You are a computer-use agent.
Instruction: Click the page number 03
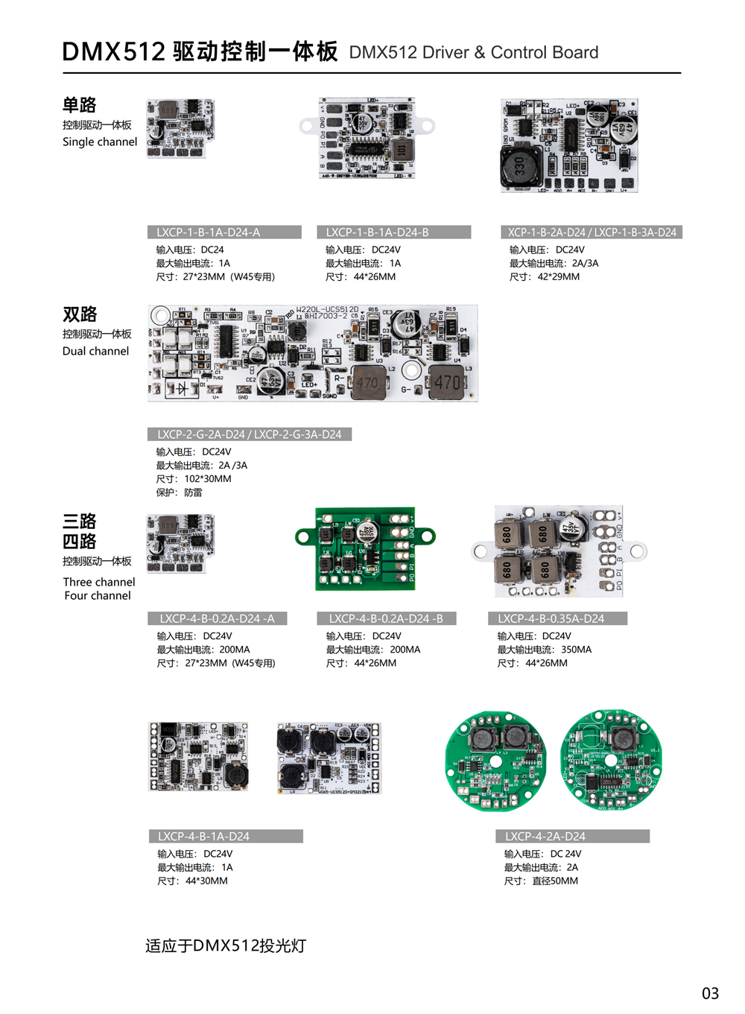tap(710, 993)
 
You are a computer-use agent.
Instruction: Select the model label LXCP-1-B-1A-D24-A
tap(209, 232)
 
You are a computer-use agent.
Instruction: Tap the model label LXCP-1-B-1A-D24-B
tap(378, 232)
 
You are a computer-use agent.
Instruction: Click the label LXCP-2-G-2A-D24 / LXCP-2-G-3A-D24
tap(250, 434)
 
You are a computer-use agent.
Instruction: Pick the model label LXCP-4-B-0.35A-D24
tap(551, 618)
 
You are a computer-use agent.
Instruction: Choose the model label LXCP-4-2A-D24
tap(545, 837)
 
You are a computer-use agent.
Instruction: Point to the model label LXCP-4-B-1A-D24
tap(204, 837)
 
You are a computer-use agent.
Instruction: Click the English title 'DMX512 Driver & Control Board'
tap(474, 53)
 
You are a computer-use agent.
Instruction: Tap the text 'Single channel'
tap(100, 142)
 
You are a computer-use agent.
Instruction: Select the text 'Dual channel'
tap(95, 351)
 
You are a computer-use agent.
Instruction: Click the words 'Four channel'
tap(98, 595)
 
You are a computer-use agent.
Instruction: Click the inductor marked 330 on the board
tap(519, 168)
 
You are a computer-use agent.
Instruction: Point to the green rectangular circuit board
tap(365, 549)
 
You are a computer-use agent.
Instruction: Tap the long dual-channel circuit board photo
tap(313, 353)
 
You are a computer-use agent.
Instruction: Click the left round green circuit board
tap(495, 760)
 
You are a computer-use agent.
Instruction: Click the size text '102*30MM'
tap(208, 479)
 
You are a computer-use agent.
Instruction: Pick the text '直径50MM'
tap(555, 881)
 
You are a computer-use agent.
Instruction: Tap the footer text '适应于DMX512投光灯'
tap(226, 946)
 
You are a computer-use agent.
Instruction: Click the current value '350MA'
tap(576, 650)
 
